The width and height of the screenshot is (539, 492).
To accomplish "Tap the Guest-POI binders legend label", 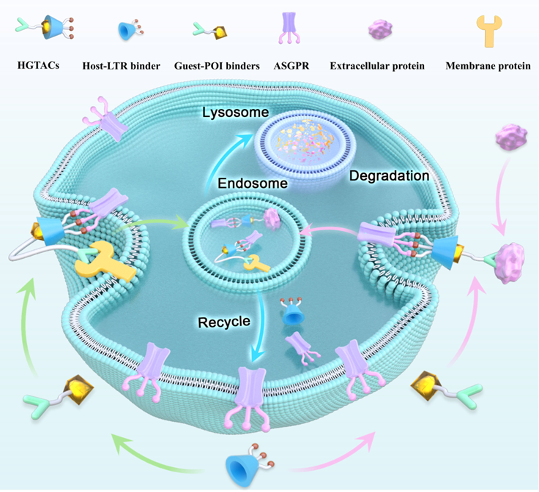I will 217,66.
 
